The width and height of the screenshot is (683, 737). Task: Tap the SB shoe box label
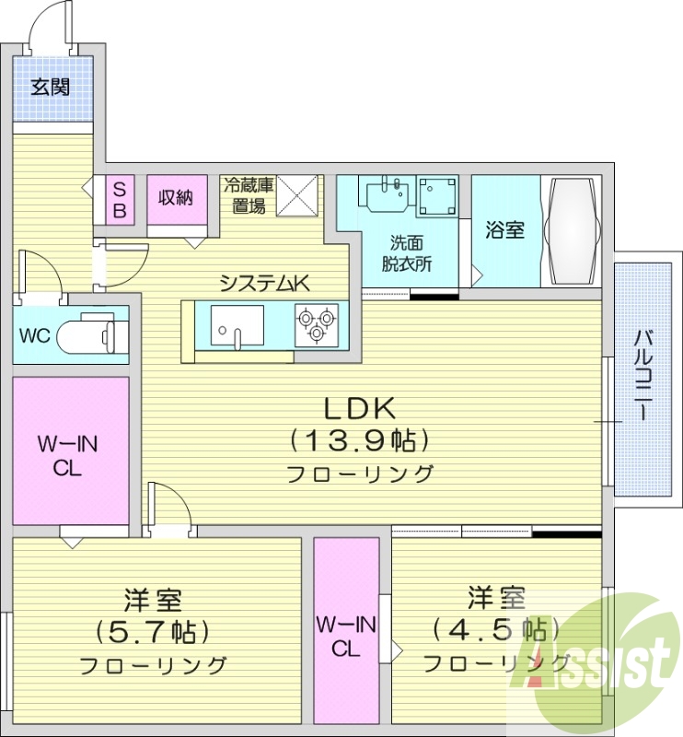[120, 199]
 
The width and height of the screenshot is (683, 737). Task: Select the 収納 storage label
[175, 196]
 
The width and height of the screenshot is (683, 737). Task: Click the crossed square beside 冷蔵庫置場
[296, 194]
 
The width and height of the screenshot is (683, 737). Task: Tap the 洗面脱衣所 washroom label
[407, 252]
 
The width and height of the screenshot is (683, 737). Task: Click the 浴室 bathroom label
[505, 229]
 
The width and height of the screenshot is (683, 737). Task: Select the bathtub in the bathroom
[572, 230]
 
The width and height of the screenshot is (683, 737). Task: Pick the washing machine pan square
[436, 195]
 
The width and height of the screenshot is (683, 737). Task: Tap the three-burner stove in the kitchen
[316, 325]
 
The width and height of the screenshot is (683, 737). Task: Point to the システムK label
[263, 284]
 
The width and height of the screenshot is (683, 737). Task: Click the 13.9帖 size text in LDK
[359, 440]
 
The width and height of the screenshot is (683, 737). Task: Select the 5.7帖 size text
[153, 632]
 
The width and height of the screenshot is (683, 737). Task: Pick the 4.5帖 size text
[496, 630]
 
